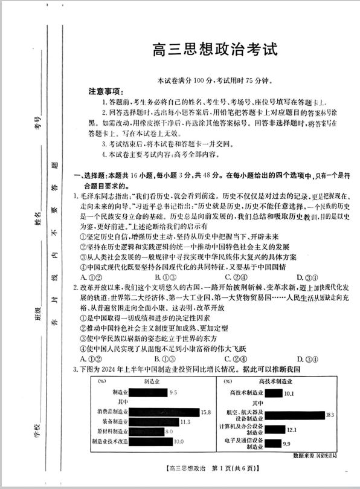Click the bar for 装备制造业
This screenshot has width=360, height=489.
pos(155,421)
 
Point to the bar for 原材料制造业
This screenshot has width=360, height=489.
pos(147,432)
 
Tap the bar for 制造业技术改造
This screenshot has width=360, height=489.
pos(152,441)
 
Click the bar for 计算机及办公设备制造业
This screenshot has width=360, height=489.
pos(275,430)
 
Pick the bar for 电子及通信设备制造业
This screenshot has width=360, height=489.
pos(273,444)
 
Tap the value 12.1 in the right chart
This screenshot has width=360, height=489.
pos(292,430)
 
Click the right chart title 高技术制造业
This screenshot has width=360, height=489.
pos(275,382)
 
